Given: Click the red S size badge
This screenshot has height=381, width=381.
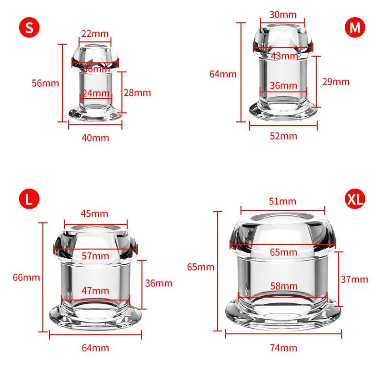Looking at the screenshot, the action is point(29,28).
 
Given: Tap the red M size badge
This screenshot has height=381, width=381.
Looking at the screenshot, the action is point(355,28).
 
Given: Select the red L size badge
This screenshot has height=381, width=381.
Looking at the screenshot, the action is point(29,199).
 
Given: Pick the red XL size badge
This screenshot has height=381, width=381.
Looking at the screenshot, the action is point(355,199).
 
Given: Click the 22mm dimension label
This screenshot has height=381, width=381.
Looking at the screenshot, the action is point(95,33).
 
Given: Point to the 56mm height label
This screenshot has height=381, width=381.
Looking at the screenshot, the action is point(45,83).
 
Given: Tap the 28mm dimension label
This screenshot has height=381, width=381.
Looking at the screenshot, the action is point(137,92).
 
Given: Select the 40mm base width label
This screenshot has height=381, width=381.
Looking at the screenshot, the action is point(95,138).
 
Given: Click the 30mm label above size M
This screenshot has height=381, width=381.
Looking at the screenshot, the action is point(283,15).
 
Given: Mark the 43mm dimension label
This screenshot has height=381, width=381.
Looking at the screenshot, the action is point(284,56).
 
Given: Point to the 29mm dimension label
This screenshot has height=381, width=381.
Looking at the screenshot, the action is point(336,81).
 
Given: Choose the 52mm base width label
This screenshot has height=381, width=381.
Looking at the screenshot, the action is point(283,136).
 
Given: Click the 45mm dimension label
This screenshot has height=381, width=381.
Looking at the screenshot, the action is point(94,213).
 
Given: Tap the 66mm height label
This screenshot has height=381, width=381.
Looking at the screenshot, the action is point(26,278).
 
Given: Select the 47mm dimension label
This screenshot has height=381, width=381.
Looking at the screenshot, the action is point(95,291).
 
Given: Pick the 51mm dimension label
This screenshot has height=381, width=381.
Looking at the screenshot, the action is point(282,201).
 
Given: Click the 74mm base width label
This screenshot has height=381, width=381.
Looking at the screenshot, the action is point(283,348).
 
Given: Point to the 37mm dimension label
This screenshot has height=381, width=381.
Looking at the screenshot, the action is point(354,280).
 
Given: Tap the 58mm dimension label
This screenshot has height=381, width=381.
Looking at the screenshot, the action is point(284,286).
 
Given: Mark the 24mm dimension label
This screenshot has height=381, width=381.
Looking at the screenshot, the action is point(96,93).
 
